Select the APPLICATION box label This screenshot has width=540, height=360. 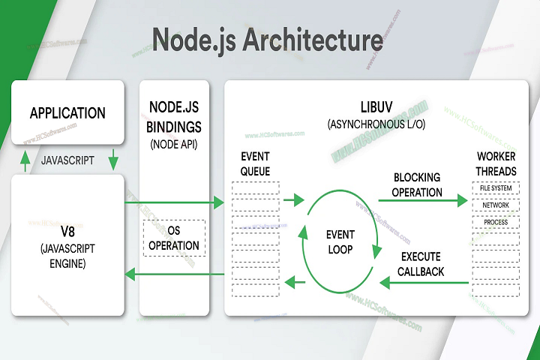pyautogui.click(x=67, y=113)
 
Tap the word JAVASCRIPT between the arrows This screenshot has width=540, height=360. pyautogui.click(x=67, y=160)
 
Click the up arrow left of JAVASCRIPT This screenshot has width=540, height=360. pyautogui.click(x=25, y=160)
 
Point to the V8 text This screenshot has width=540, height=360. pyautogui.click(x=67, y=229)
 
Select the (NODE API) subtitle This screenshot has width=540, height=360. pyautogui.click(x=174, y=144)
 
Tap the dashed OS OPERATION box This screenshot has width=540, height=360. pyautogui.click(x=174, y=238)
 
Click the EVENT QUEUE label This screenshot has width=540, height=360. pyautogui.click(x=255, y=163)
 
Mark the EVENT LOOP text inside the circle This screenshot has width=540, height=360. pyautogui.click(x=340, y=241)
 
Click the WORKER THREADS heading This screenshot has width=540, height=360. pyautogui.click(x=496, y=164)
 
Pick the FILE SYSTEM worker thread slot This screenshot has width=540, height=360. pyautogui.click(x=496, y=187)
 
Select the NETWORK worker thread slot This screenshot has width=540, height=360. pyautogui.click(x=496, y=205)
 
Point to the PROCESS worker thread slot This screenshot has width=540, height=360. pyautogui.click(x=496, y=222)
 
